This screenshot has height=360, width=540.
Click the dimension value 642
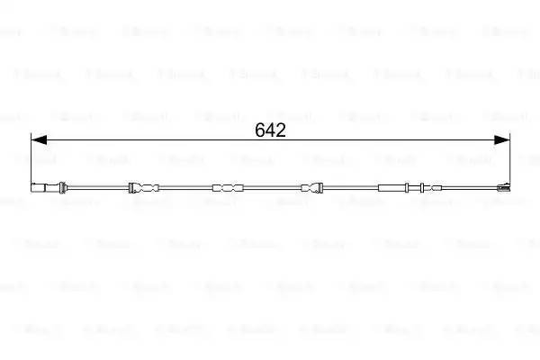(x=270, y=130)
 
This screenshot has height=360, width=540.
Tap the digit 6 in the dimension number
(x=260, y=130)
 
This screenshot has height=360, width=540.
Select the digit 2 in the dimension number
(x=281, y=130)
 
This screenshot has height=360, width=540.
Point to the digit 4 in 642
(x=270, y=130)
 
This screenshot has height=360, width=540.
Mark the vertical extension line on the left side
(x=31, y=157)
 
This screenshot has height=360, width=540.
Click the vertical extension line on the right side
(x=509, y=157)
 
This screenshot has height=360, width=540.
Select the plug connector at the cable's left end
(x=43, y=188)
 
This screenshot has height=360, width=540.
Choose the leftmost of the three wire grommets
(x=143, y=188)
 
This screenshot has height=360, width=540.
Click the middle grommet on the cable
(x=227, y=188)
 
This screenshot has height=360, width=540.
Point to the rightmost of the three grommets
(x=310, y=188)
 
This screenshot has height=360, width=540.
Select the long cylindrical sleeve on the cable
(x=397, y=188)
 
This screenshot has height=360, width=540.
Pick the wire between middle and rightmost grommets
(x=269, y=188)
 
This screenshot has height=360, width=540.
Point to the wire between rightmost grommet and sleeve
(x=353, y=188)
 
